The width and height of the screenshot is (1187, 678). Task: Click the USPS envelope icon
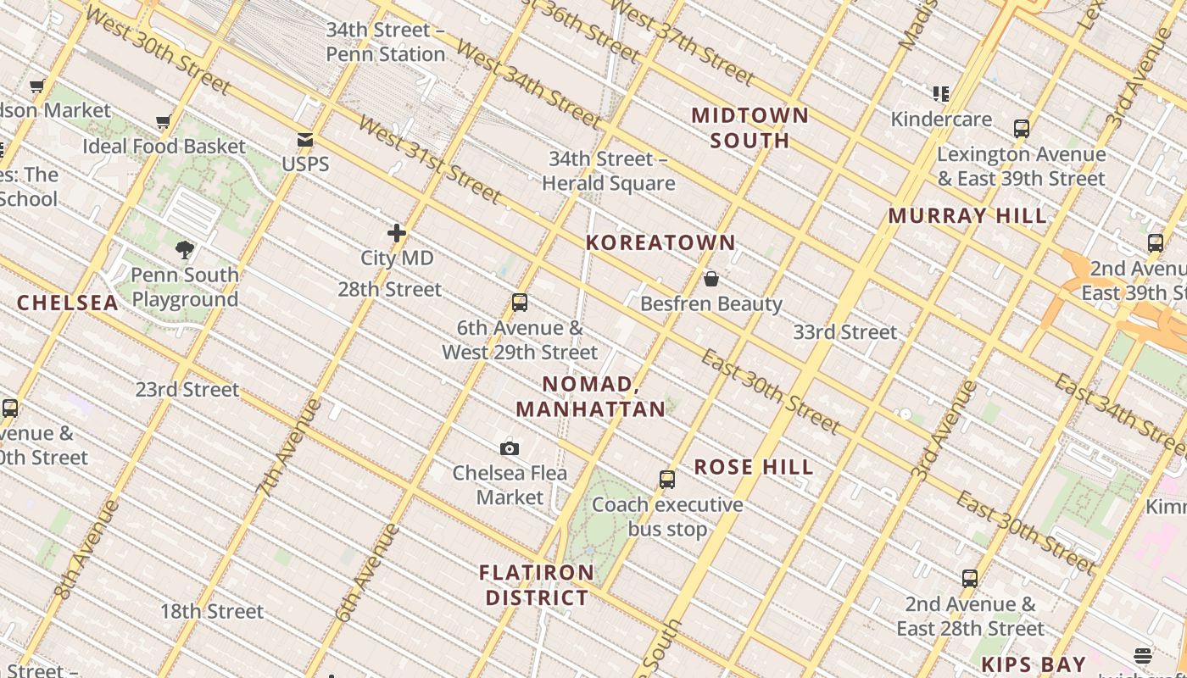click(304, 141)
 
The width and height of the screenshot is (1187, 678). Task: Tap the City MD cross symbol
click(397, 232)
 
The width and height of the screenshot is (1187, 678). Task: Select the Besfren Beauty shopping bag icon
click(711, 279)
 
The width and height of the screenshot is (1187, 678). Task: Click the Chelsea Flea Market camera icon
click(510, 448)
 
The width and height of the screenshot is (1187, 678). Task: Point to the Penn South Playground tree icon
click(185, 249)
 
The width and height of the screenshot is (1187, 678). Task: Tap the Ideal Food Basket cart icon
click(164, 122)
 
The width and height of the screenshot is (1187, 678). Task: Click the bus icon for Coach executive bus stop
click(667, 480)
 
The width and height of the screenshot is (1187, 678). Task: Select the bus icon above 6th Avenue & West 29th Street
click(520, 303)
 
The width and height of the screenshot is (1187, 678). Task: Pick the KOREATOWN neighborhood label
click(660, 242)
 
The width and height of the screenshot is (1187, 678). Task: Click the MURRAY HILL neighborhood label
click(967, 215)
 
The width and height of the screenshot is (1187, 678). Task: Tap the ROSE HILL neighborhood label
click(754, 467)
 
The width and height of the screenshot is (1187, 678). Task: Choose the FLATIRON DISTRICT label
click(537, 585)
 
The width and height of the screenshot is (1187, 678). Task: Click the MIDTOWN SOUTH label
click(750, 127)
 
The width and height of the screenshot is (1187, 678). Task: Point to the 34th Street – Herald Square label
click(608, 171)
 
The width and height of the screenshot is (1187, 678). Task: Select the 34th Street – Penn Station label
click(386, 42)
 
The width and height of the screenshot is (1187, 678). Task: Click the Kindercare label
click(941, 119)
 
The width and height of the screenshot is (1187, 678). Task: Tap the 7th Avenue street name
click(288, 447)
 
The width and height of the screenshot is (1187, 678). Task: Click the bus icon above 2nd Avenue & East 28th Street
click(970, 579)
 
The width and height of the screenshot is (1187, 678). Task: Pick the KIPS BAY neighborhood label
click(1034, 664)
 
